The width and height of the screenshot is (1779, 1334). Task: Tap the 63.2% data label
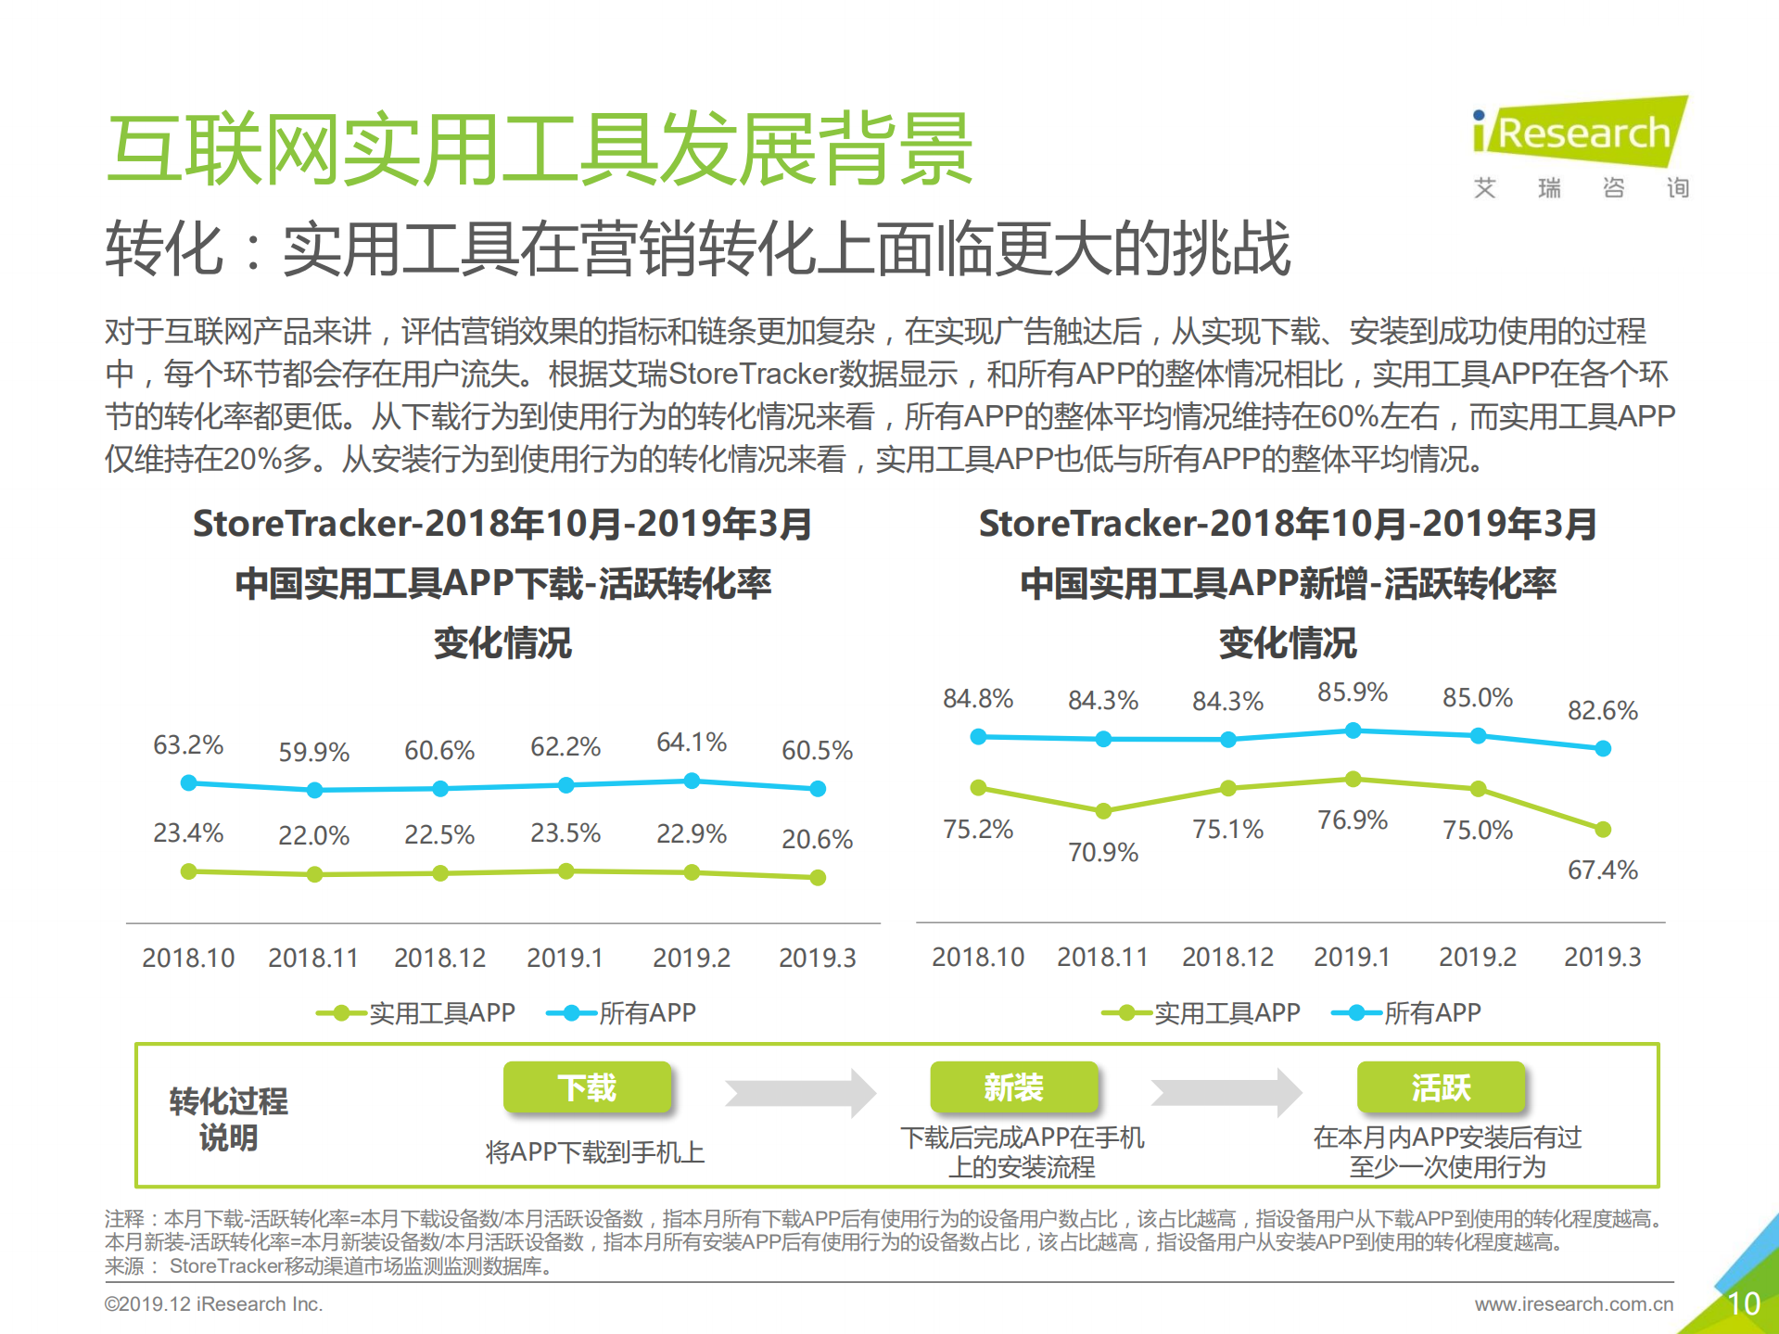tap(188, 745)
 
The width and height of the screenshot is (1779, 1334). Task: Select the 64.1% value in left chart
tap(692, 743)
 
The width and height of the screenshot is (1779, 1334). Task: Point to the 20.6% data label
tap(817, 840)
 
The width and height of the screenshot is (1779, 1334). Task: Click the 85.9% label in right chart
tap(1353, 692)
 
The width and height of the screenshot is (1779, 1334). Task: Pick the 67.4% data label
tap(1602, 870)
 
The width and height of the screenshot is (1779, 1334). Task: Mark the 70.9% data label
tap(1103, 853)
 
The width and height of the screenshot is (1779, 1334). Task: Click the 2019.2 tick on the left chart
tap(692, 959)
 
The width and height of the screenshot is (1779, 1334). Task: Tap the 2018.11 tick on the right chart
tap(1103, 958)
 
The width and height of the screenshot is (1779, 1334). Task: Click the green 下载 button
tap(587, 1087)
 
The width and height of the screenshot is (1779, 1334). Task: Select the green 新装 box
tap(1014, 1087)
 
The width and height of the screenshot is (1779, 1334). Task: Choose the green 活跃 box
tap(1442, 1087)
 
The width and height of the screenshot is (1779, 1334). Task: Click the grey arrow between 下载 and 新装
tap(800, 1093)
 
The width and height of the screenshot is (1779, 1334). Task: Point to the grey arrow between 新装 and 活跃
tap(1226, 1093)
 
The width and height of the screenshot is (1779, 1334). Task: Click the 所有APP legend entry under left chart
tap(622, 1013)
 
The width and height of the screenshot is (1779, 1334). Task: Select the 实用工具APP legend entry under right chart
tap(1201, 1013)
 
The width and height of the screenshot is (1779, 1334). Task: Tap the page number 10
tap(1744, 1304)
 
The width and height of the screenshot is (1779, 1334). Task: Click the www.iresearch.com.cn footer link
tap(1574, 1304)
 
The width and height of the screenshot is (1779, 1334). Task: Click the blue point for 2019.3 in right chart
tap(1603, 748)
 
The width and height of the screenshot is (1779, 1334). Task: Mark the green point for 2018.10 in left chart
tap(189, 871)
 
